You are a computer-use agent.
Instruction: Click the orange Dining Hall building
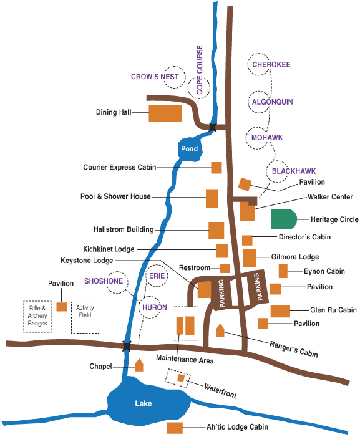click(x=165, y=113)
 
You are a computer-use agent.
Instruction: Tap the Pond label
click(x=189, y=149)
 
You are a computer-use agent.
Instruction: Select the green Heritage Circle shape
click(x=284, y=219)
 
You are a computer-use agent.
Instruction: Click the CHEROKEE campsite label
click(x=271, y=65)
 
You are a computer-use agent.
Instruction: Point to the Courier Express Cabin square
click(x=216, y=168)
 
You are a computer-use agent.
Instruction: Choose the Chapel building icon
click(x=139, y=365)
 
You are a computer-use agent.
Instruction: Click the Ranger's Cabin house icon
click(x=220, y=330)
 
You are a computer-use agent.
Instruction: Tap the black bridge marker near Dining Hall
click(x=213, y=127)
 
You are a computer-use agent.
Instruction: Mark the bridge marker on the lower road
click(x=127, y=346)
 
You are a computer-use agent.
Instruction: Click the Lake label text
click(x=144, y=403)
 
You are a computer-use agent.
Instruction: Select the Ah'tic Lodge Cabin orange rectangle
click(x=175, y=428)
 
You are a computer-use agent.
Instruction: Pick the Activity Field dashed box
click(x=85, y=317)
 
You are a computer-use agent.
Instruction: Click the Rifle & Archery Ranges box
click(x=37, y=317)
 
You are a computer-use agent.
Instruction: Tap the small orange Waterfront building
click(x=181, y=378)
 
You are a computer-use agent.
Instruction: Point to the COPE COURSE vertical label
click(x=200, y=70)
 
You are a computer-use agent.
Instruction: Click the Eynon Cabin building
click(x=283, y=271)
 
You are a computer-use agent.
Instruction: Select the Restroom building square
click(x=225, y=269)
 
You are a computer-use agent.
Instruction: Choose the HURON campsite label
click(x=155, y=307)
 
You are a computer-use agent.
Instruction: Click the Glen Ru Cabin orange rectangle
click(x=280, y=311)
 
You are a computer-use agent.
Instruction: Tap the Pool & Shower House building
click(x=212, y=198)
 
